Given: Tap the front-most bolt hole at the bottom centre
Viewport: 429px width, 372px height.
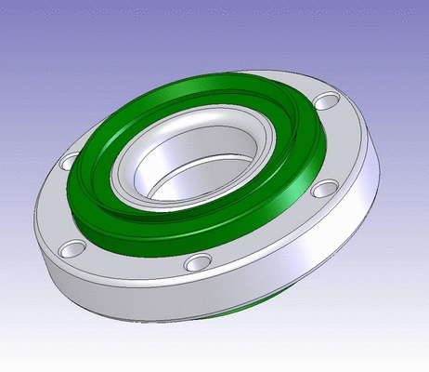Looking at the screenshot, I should (198, 263).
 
